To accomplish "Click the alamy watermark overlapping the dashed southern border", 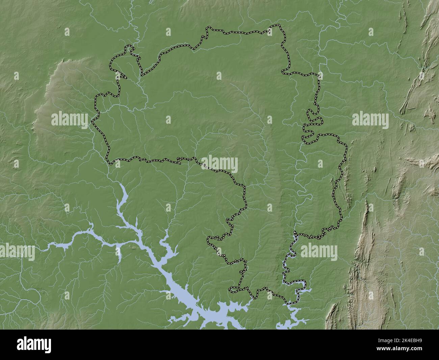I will (219, 164).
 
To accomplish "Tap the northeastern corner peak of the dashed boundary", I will (279, 25).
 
